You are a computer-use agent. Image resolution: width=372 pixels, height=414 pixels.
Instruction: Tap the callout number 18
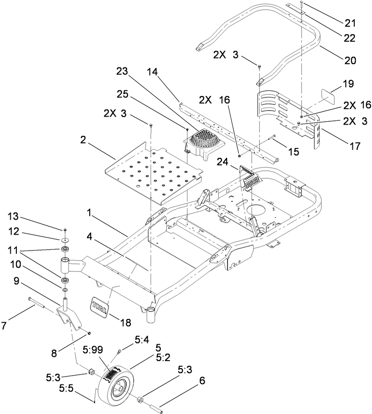(125, 322)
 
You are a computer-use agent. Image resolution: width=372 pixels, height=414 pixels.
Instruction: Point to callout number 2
(83, 139)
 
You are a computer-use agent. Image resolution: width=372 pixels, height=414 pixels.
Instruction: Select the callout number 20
(350, 60)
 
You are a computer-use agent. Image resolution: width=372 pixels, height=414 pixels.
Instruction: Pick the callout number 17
(355, 146)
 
